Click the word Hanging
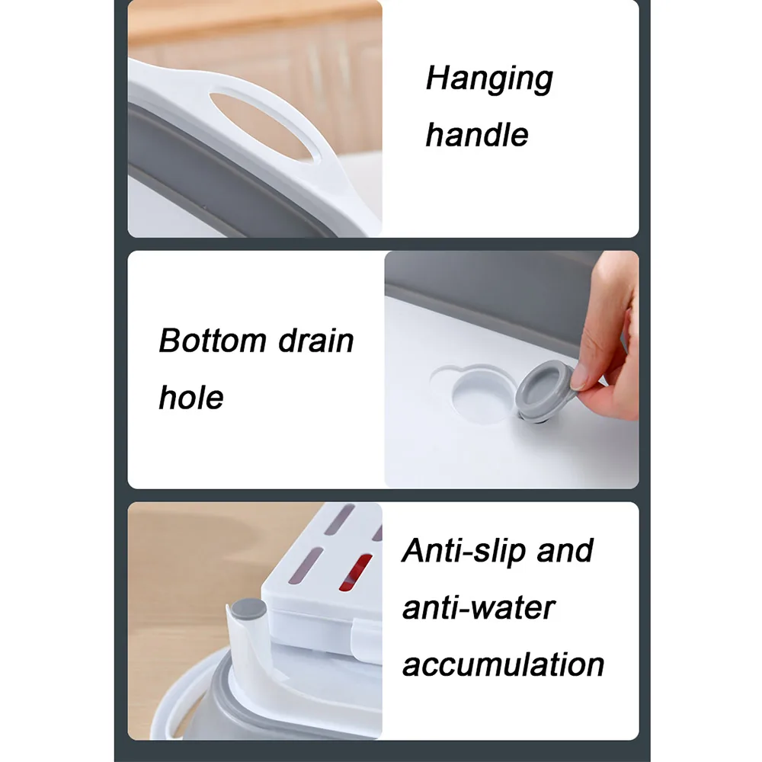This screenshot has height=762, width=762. coord(489,79)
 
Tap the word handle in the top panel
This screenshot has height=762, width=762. coord(477,135)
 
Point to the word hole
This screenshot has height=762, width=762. coord(191,398)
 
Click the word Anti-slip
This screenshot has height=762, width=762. coord(463,551)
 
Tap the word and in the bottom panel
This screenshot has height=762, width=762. coord(565,551)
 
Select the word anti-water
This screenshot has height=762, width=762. coord(479,608)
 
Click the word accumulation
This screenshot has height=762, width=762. coord(504,664)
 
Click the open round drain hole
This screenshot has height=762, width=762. coord(481,395)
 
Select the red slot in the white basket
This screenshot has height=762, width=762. coord(356,572)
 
